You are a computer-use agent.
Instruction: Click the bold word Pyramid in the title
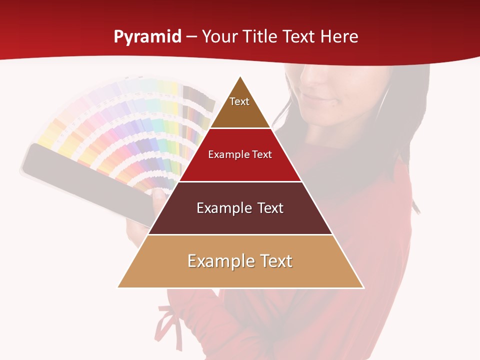point(147,37)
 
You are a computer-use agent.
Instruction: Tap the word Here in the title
point(339,36)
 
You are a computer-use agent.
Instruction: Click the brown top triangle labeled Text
point(240,107)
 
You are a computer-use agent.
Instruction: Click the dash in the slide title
point(191,37)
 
